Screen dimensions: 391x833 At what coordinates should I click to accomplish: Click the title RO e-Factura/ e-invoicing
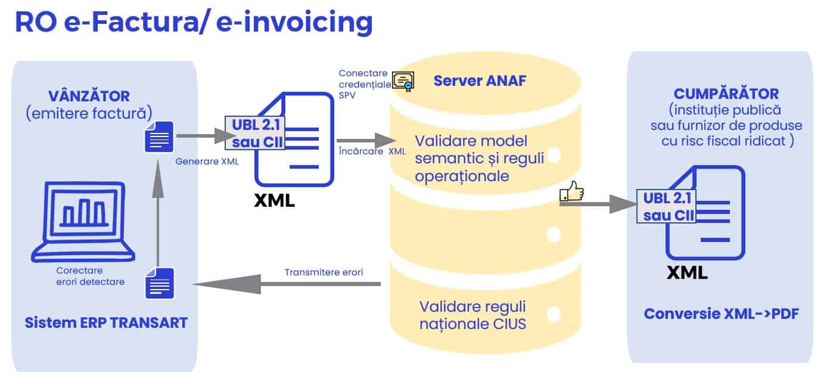click(193, 23)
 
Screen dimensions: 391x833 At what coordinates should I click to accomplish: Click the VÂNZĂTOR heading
click(89, 96)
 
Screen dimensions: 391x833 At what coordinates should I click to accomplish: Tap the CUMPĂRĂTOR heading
click(726, 94)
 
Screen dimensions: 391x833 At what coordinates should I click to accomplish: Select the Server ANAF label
click(480, 80)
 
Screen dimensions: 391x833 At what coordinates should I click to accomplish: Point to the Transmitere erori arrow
click(286, 284)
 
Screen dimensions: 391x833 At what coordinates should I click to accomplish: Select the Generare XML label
click(207, 160)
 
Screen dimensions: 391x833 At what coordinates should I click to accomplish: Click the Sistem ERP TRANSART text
click(106, 323)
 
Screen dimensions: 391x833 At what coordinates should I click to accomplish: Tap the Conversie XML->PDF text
click(721, 314)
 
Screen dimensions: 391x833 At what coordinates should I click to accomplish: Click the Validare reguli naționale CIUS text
click(473, 315)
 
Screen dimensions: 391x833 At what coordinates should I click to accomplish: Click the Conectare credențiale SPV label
click(365, 83)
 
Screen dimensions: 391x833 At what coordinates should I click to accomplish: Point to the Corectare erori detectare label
click(90, 276)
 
